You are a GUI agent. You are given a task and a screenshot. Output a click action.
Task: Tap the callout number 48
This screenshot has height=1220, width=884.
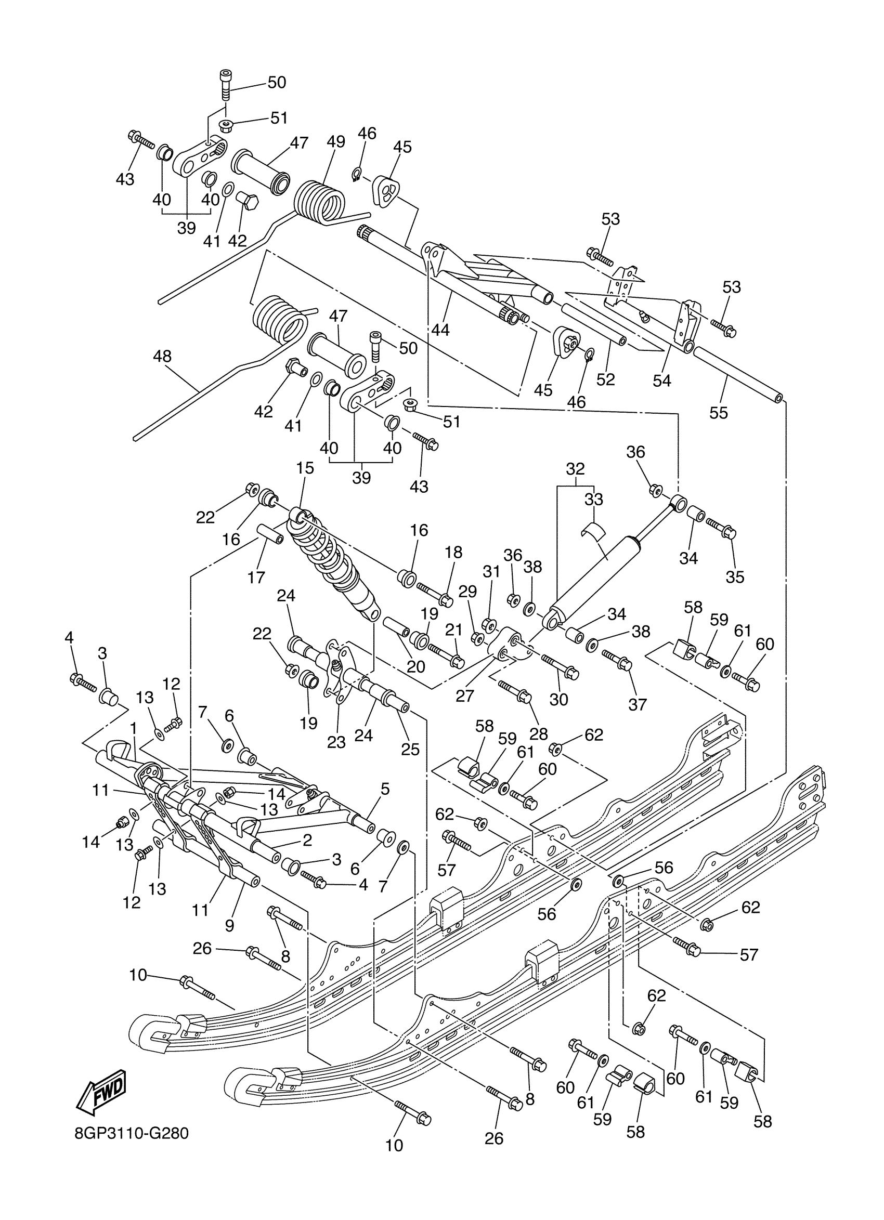click(x=162, y=356)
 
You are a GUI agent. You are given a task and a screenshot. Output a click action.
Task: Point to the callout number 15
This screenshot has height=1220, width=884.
click(x=305, y=468)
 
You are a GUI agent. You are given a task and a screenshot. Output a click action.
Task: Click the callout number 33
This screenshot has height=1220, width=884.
click(x=594, y=499)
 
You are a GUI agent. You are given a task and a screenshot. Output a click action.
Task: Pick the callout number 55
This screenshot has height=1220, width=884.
click(x=718, y=413)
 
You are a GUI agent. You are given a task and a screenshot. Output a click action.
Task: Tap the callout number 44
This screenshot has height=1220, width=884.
click(x=440, y=329)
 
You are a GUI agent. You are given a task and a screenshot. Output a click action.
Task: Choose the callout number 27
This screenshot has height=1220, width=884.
click(x=465, y=696)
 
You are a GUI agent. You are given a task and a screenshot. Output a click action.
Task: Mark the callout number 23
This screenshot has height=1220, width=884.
click(x=336, y=742)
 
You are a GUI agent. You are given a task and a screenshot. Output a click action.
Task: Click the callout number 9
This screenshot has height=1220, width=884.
click(x=229, y=925)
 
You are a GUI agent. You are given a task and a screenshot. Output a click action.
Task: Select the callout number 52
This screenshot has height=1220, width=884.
click(x=605, y=379)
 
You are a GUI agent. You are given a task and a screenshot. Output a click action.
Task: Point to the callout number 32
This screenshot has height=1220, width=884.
click(x=575, y=468)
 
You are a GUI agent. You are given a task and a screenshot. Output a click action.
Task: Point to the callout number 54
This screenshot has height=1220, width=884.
click(x=662, y=381)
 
